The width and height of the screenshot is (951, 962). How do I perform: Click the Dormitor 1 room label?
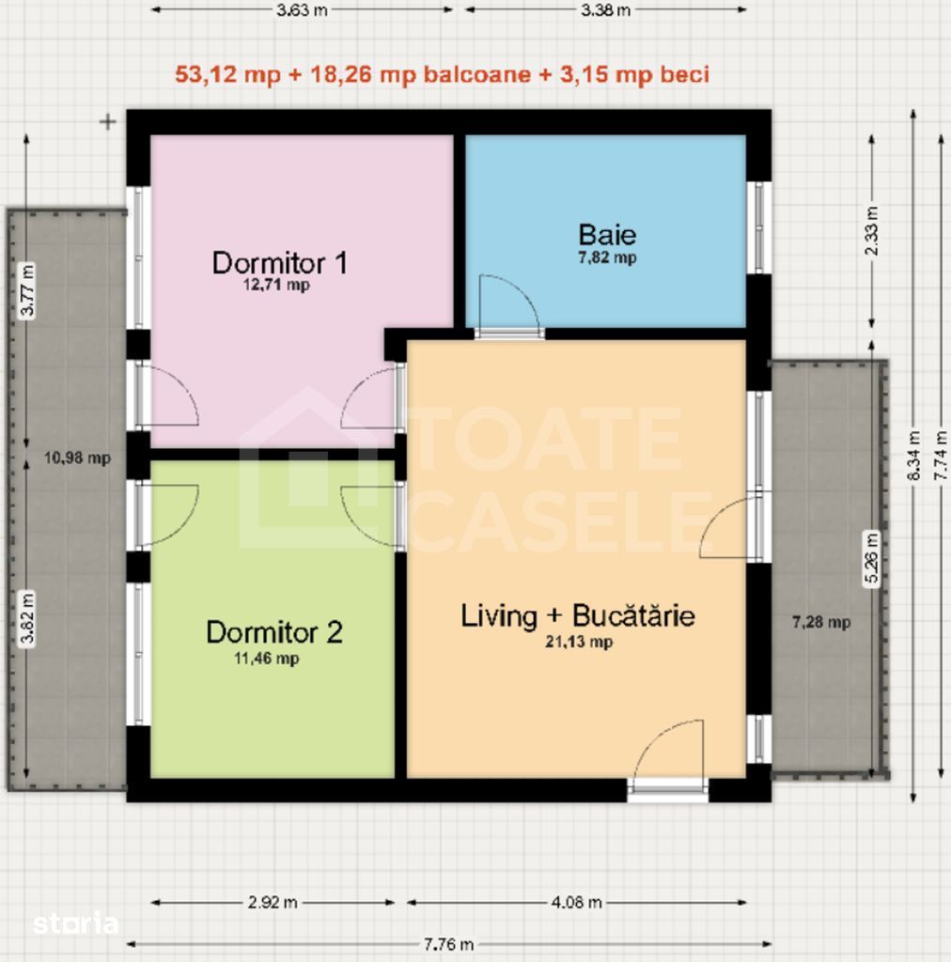click(279, 262)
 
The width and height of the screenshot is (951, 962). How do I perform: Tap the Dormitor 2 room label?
click(273, 632)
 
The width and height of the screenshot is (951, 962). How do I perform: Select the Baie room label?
click(607, 235)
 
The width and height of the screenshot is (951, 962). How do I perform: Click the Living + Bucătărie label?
click(577, 616)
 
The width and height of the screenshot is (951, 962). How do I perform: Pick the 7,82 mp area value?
click(606, 257)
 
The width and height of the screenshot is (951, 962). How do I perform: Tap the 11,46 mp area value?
click(266, 659)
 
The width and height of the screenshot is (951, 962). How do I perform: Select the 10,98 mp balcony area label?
click(77, 458)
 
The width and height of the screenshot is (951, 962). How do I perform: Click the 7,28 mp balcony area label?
click(821, 621)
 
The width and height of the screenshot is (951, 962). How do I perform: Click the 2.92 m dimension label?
click(273, 903)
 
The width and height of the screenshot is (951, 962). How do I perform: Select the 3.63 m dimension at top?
click(302, 10)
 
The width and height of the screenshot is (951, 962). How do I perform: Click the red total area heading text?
click(442, 75)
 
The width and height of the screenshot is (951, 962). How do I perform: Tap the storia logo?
click(76, 923)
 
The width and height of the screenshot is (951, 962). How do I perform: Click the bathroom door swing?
click(508, 305)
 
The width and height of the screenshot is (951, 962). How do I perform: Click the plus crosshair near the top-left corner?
click(108, 121)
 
